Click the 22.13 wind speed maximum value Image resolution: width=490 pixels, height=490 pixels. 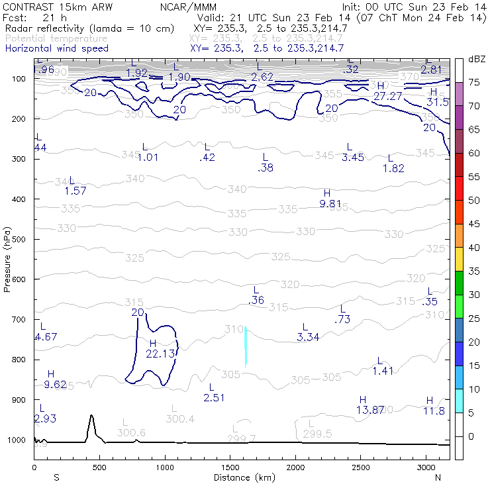161,354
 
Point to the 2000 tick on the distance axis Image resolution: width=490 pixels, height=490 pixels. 295,467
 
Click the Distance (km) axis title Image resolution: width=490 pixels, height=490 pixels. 242,477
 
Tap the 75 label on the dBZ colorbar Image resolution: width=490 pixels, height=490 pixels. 475,82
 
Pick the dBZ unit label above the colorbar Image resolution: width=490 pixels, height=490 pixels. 476,59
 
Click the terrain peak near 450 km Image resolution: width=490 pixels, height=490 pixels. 91,417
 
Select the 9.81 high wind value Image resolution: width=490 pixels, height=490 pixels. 331,203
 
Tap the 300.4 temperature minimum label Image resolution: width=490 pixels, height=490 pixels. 180,418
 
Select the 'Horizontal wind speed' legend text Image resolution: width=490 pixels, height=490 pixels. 56,48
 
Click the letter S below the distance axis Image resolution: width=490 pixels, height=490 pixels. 56,477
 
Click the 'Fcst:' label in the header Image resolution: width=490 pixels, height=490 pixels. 15,18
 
